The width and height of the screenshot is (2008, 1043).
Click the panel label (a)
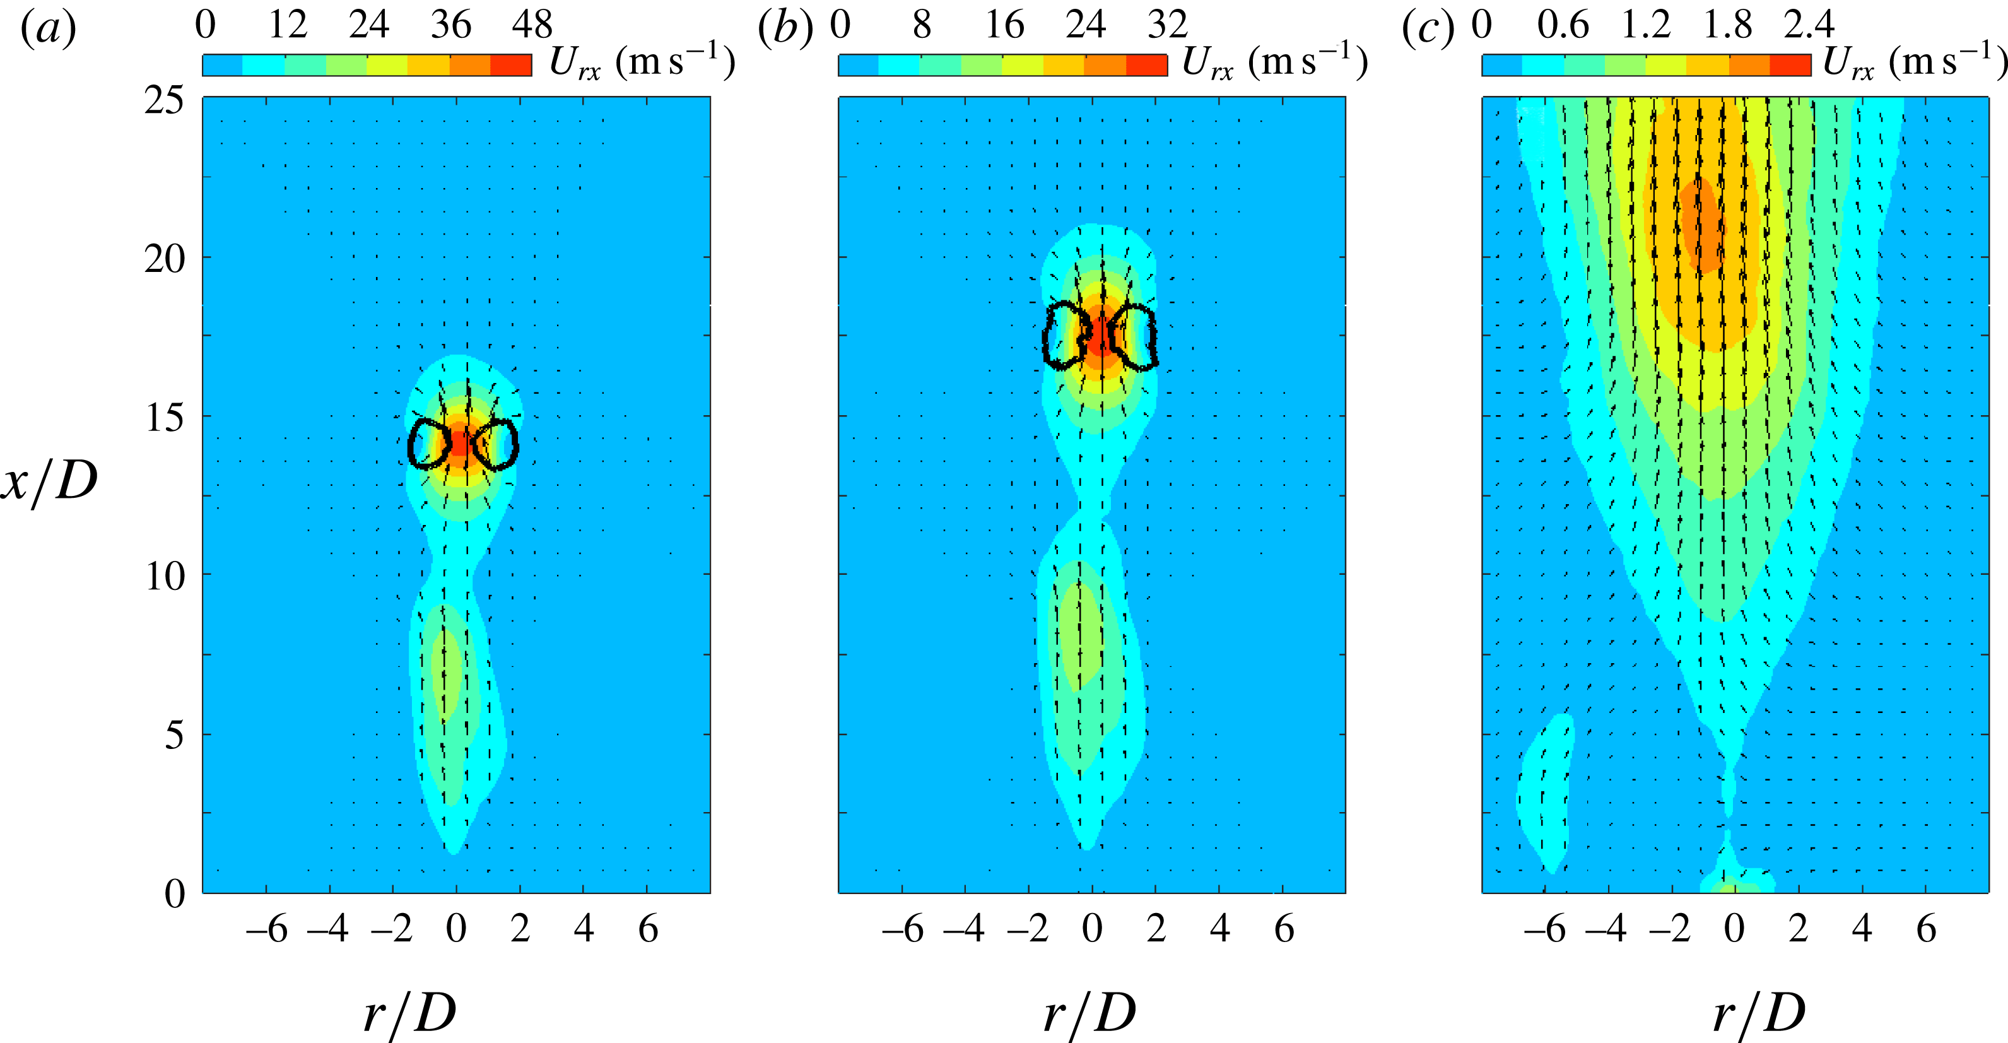tap(49, 30)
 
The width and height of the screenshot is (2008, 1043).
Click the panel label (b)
tap(785, 30)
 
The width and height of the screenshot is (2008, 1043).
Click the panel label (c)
tap(1428, 30)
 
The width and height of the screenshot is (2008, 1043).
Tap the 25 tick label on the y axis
tap(165, 100)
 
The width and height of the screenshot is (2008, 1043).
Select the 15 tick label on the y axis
tap(165, 418)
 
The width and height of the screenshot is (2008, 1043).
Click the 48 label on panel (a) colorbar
tap(532, 25)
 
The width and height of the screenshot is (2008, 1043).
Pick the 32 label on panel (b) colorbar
tap(1167, 25)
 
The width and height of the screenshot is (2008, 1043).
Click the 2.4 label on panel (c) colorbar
tap(1809, 25)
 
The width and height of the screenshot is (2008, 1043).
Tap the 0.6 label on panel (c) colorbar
tap(1563, 25)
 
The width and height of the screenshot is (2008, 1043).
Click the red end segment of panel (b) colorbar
tap(1147, 66)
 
